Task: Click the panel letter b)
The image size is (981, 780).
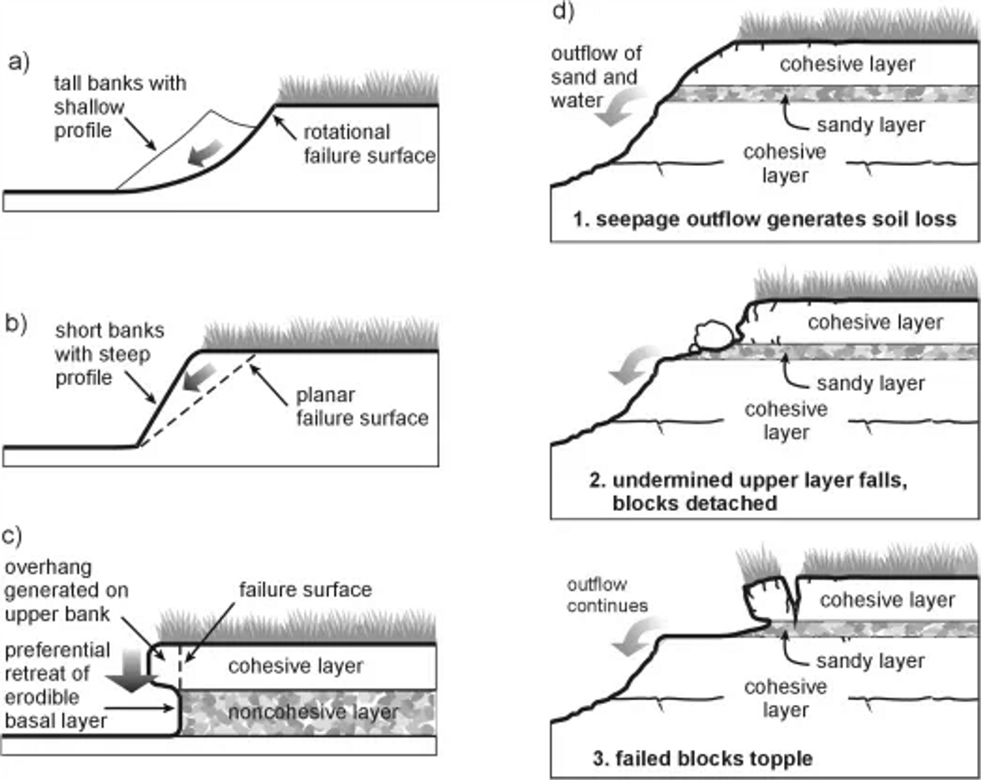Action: [16, 324]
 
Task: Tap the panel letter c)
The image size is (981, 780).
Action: [12, 536]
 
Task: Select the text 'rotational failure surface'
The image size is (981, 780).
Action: [369, 143]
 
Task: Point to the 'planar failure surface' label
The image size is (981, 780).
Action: [362, 406]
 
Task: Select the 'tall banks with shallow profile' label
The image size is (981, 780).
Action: [119, 107]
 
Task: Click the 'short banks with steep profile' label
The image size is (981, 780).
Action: [109, 354]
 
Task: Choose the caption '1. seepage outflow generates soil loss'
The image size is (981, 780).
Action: [764, 219]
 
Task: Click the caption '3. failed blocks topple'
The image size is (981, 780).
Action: [703, 759]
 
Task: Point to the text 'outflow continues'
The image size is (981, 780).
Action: [607, 595]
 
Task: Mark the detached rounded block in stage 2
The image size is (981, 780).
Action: [714, 336]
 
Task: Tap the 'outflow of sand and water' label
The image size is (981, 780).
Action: [596, 77]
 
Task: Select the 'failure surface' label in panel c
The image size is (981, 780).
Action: [305, 589]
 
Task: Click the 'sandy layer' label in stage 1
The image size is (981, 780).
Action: [870, 125]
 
